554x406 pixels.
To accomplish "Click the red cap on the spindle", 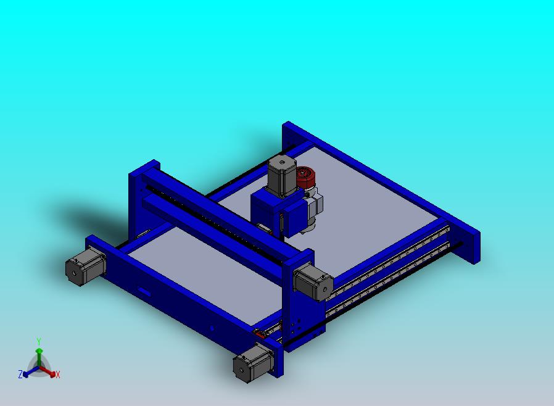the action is [306, 177].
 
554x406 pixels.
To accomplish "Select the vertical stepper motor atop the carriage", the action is [282, 176].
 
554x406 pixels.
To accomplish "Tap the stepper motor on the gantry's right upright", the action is [313, 283].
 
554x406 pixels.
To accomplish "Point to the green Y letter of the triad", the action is [39, 341].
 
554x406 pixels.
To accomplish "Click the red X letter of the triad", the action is [58, 375].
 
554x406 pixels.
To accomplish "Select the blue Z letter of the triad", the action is [20, 374].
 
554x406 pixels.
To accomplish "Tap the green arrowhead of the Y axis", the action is [39, 351].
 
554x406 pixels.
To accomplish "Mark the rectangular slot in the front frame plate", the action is [144, 292].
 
